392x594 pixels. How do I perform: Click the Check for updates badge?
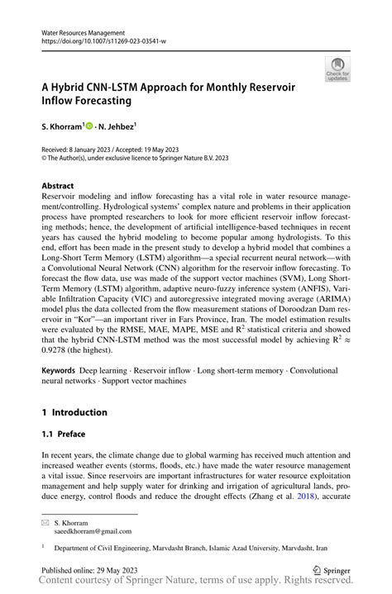(337, 70)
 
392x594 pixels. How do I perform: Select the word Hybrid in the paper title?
(73, 87)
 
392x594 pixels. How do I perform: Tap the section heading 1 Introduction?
(75, 412)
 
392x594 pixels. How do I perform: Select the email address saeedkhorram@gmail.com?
(93, 533)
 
